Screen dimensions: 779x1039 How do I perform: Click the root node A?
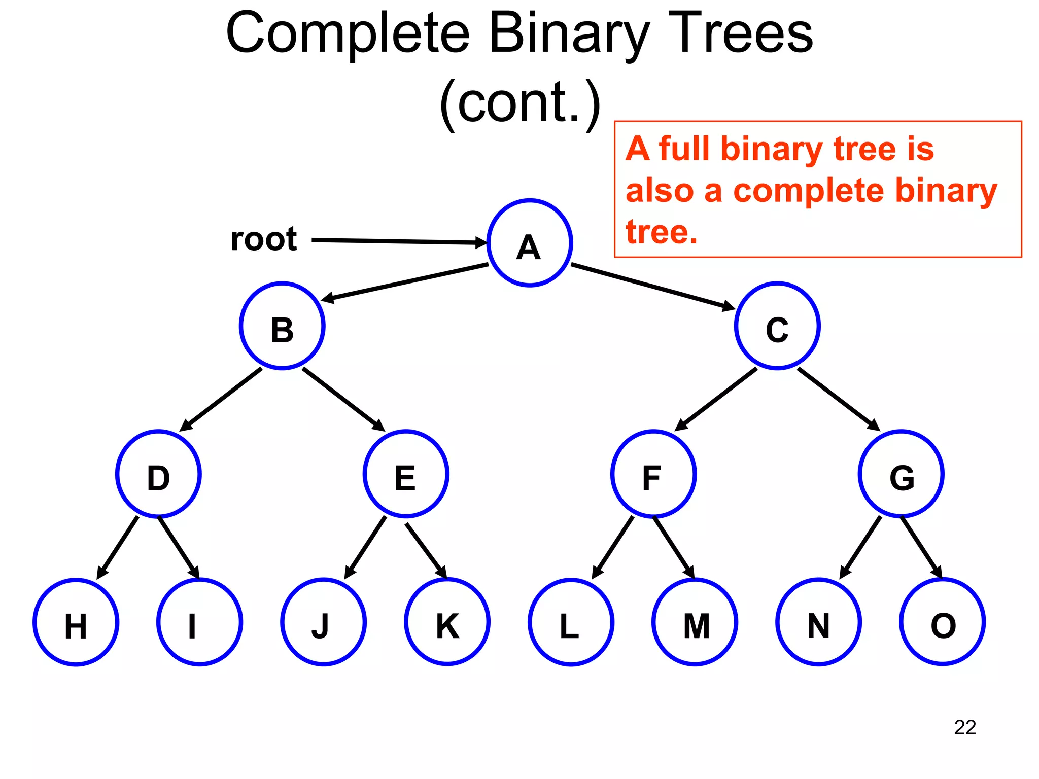529,243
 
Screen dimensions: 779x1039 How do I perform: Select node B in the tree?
282,326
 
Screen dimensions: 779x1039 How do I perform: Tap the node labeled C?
777,326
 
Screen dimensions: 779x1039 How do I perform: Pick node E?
405,474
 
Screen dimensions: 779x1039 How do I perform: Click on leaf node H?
76,622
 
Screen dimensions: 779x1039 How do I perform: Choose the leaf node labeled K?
447,622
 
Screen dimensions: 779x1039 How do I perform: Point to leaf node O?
942,622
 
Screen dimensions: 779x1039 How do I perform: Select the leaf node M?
695,622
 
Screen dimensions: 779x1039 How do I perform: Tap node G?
901,474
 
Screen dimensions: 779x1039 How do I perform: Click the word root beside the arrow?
263,239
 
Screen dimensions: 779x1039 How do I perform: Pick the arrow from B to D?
222,399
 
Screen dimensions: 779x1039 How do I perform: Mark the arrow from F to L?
613,548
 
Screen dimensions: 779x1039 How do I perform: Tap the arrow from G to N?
860,548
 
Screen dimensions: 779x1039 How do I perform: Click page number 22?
964,727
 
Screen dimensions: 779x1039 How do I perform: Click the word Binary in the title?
568,34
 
